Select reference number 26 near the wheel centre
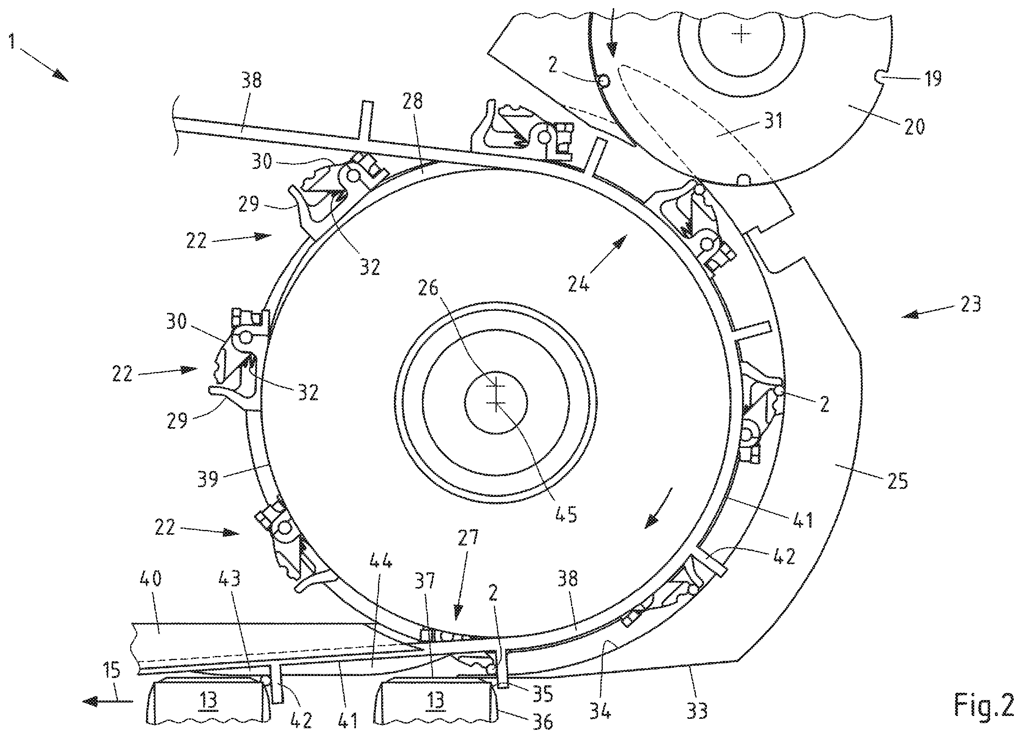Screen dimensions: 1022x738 click(x=428, y=287)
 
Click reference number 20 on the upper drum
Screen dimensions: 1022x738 click(x=913, y=126)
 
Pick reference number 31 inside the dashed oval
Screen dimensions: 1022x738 click(x=773, y=120)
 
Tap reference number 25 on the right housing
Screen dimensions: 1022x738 click(x=897, y=481)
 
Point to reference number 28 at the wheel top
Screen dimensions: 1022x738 click(x=413, y=101)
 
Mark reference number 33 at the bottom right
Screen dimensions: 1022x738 click(x=697, y=711)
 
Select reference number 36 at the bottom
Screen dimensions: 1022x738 click(x=542, y=722)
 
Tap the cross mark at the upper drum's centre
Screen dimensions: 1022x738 click(x=740, y=33)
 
